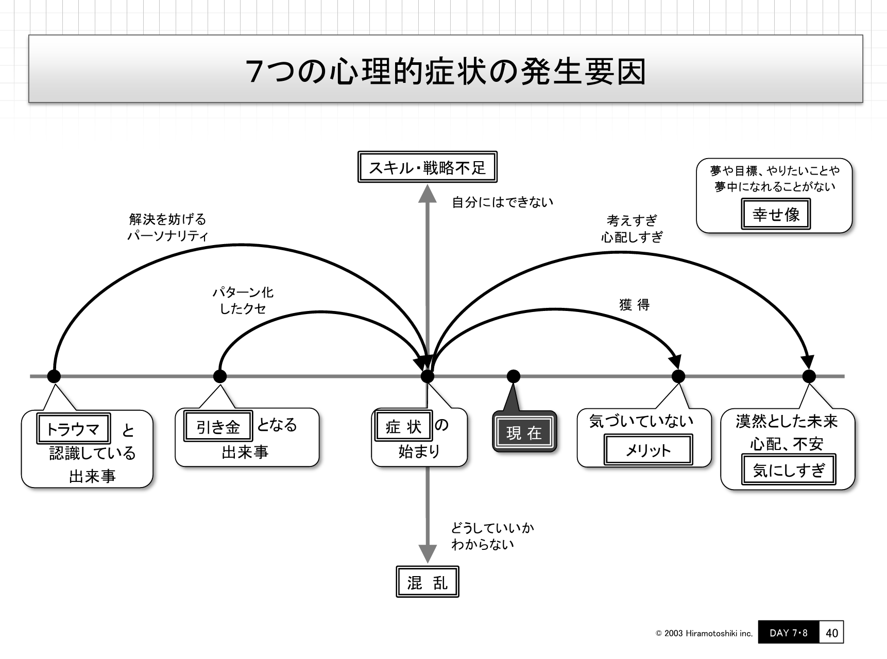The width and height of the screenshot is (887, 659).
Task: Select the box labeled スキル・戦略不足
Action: click(x=427, y=167)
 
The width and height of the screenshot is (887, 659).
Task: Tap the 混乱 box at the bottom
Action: click(x=427, y=582)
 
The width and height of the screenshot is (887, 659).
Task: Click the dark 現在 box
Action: click(x=524, y=432)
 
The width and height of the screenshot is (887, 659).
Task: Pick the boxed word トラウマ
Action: click(x=73, y=428)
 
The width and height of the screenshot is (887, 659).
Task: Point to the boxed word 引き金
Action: click(x=218, y=426)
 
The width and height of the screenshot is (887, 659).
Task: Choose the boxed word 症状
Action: click(x=403, y=426)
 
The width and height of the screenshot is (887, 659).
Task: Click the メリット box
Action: click(x=647, y=450)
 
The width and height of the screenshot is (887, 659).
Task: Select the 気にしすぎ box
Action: click(x=788, y=470)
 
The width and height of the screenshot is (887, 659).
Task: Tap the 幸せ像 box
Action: click(x=775, y=214)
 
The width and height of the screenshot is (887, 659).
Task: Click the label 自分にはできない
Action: click(x=502, y=202)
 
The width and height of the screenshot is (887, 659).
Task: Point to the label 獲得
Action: click(x=634, y=305)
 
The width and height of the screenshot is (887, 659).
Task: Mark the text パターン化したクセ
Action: click(x=243, y=300)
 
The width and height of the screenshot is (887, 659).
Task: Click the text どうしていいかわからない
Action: click(x=492, y=536)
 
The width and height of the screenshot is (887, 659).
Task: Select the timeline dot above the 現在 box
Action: click(x=513, y=376)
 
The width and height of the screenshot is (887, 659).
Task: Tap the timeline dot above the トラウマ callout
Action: click(x=54, y=376)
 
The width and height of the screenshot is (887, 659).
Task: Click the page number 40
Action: click(x=831, y=633)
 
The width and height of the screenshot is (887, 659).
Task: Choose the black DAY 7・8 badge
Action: click(x=788, y=633)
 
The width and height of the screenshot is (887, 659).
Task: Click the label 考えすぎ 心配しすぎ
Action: click(x=632, y=229)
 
